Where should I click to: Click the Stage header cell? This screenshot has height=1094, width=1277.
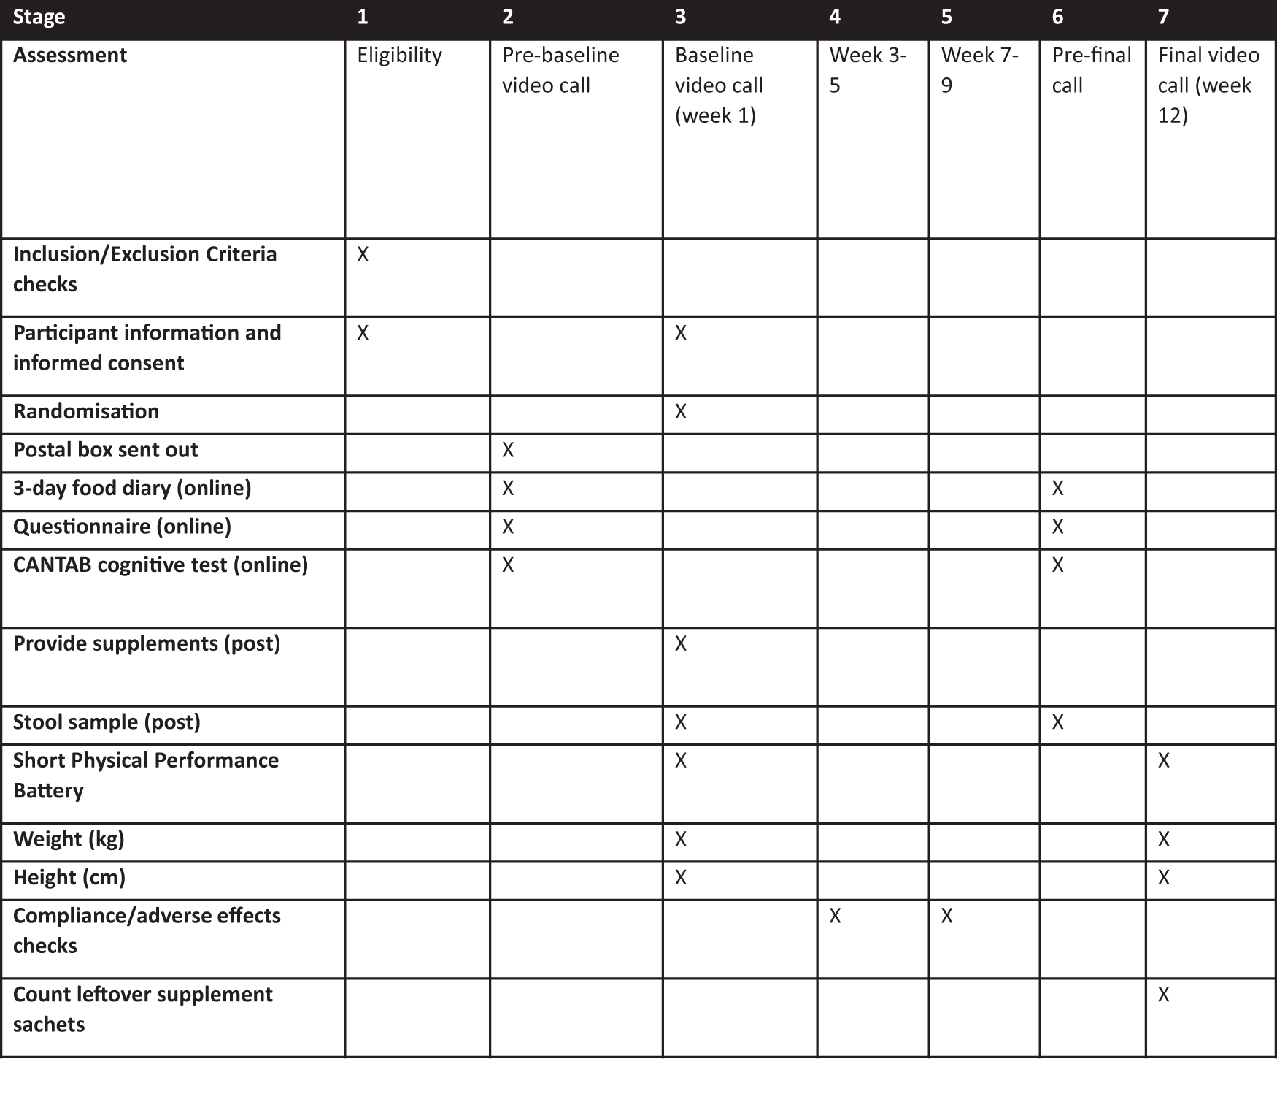pos(39,18)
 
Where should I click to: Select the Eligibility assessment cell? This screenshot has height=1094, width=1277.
pos(399,56)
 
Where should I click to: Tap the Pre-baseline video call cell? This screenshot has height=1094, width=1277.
pos(560,70)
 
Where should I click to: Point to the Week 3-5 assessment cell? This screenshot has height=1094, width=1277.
pos(868,70)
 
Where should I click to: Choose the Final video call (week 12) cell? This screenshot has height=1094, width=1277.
pos(1208,85)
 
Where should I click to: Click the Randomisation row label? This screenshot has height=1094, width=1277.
pos(86,412)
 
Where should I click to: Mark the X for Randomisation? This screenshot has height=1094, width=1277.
pos(681,412)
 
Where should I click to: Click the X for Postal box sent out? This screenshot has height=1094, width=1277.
pos(508,450)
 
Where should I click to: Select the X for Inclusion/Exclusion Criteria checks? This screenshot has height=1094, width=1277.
pos(363,254)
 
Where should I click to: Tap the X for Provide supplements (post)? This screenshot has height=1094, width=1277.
pos(681,643)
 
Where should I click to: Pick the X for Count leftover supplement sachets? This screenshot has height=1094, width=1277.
pos(1164,995)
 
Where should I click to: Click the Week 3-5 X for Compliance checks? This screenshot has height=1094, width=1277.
pos(835,916)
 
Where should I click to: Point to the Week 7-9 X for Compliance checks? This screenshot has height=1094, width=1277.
pos(946,916)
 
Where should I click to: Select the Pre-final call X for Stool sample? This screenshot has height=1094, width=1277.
pos(1057,722)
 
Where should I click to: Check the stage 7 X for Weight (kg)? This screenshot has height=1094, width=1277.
pos(1164,839)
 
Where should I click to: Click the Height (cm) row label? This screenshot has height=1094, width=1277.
pos(69,877)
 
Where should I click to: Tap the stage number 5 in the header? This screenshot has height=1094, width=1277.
pos(946,18)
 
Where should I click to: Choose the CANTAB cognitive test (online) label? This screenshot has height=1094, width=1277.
pos(161,565)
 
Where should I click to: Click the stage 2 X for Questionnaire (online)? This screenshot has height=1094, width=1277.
pos(508,527)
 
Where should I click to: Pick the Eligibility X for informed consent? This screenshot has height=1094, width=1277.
pos(363,333)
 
